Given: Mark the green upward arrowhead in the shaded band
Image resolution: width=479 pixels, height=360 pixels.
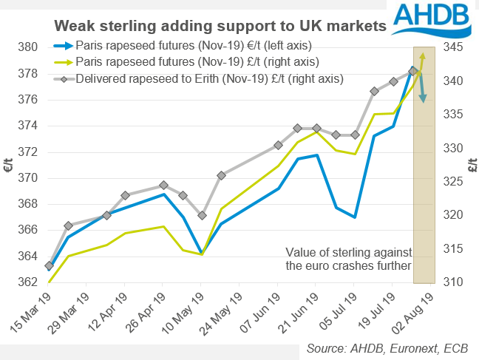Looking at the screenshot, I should (422, 56).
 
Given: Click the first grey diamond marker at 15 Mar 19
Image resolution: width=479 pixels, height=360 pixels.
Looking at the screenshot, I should (49, 265).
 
